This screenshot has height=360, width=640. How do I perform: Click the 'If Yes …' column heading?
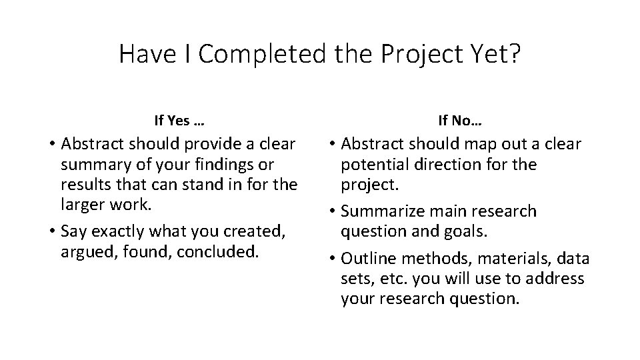point(179,121)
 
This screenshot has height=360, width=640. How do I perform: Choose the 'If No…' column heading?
point(460,121)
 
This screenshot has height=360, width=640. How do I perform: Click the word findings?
point(221,164)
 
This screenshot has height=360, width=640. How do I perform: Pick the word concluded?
point(221,251)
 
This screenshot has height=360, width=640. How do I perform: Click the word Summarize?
point(380,211)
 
